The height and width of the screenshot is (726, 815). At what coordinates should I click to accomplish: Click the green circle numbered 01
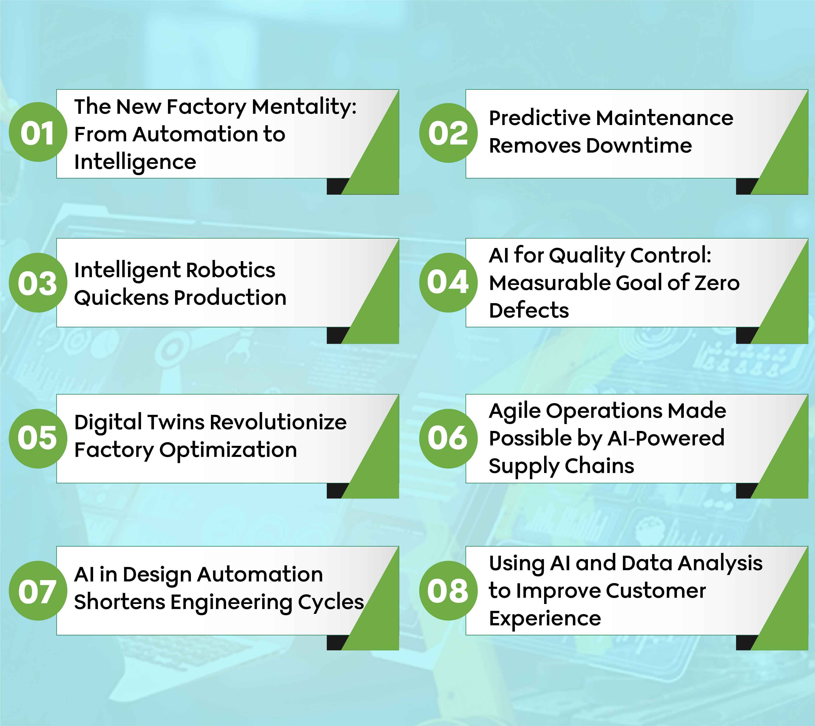[x=37, y=132]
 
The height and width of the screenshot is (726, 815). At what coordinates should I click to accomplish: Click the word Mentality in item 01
[x=304, y=107]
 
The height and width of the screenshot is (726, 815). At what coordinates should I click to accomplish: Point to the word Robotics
[x=231, y=270]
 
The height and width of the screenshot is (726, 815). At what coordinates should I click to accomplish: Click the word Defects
[x=529, y=310]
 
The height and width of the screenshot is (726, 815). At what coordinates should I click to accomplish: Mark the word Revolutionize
[x=278, y=422]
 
